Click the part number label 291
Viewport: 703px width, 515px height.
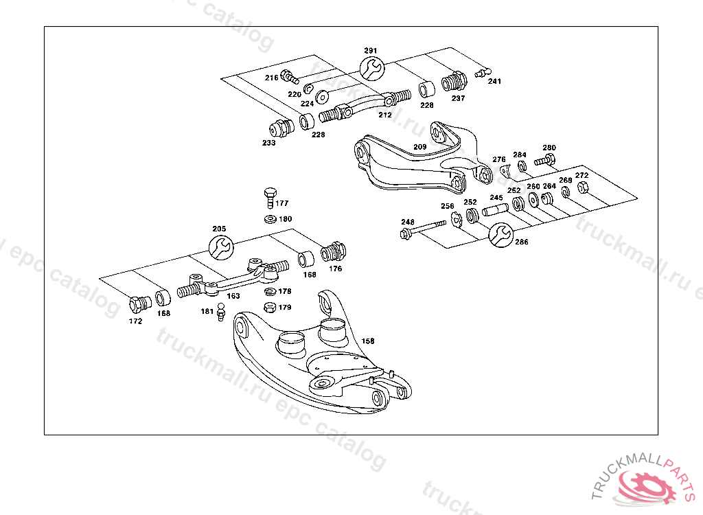tap(371, 51)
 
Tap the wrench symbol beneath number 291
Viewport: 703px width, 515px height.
tap(371, 67)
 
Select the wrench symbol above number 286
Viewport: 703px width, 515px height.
tap(500, 234)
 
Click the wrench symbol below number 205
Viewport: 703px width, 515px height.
tap(220, 246)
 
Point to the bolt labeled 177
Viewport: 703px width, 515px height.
tap(269, 197)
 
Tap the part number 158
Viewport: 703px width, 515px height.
tap(368, 341)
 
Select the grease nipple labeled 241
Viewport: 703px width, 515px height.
tap(483, 71)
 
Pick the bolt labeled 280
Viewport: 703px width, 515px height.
tap(544, 159)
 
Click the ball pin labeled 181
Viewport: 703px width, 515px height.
tap(222, 313)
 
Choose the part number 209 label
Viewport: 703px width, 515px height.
tap(419, 147)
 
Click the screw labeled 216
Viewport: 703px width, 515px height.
tap(290, 77)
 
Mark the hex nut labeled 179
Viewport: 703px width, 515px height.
tap(270, 307)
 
